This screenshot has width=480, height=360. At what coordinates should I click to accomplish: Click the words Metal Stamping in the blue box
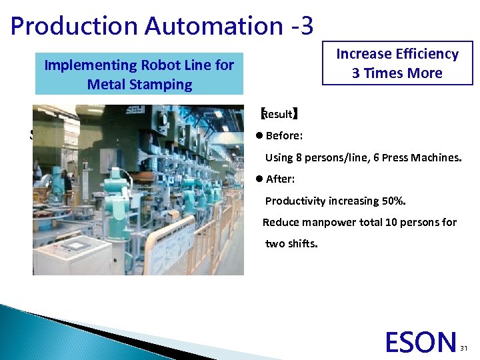pos(139,85)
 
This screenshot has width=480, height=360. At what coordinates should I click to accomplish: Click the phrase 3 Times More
pos(397,73)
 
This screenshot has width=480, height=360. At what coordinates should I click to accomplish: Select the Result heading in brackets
pos(279,114)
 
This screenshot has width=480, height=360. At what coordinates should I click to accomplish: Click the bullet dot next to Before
pos(259,136)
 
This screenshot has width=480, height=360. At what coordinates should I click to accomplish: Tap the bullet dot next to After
pos(259,179)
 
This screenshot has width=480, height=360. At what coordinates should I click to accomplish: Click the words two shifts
pos(291,243)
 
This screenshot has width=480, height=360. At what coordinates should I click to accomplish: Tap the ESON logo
pos(421,342)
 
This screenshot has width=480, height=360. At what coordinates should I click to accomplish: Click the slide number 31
pos(465,348)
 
